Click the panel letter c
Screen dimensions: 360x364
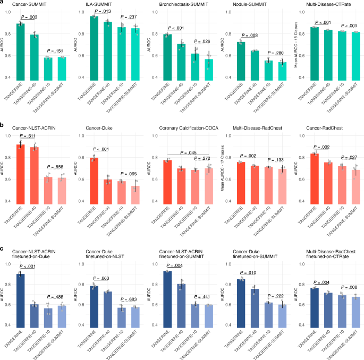pyautogui.click(x=3, y=250)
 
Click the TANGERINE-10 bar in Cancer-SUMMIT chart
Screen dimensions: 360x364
pyautogui.click(x=48, y=68)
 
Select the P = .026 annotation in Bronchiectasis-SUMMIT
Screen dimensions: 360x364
pyautogui.click(x=202, y=41)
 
